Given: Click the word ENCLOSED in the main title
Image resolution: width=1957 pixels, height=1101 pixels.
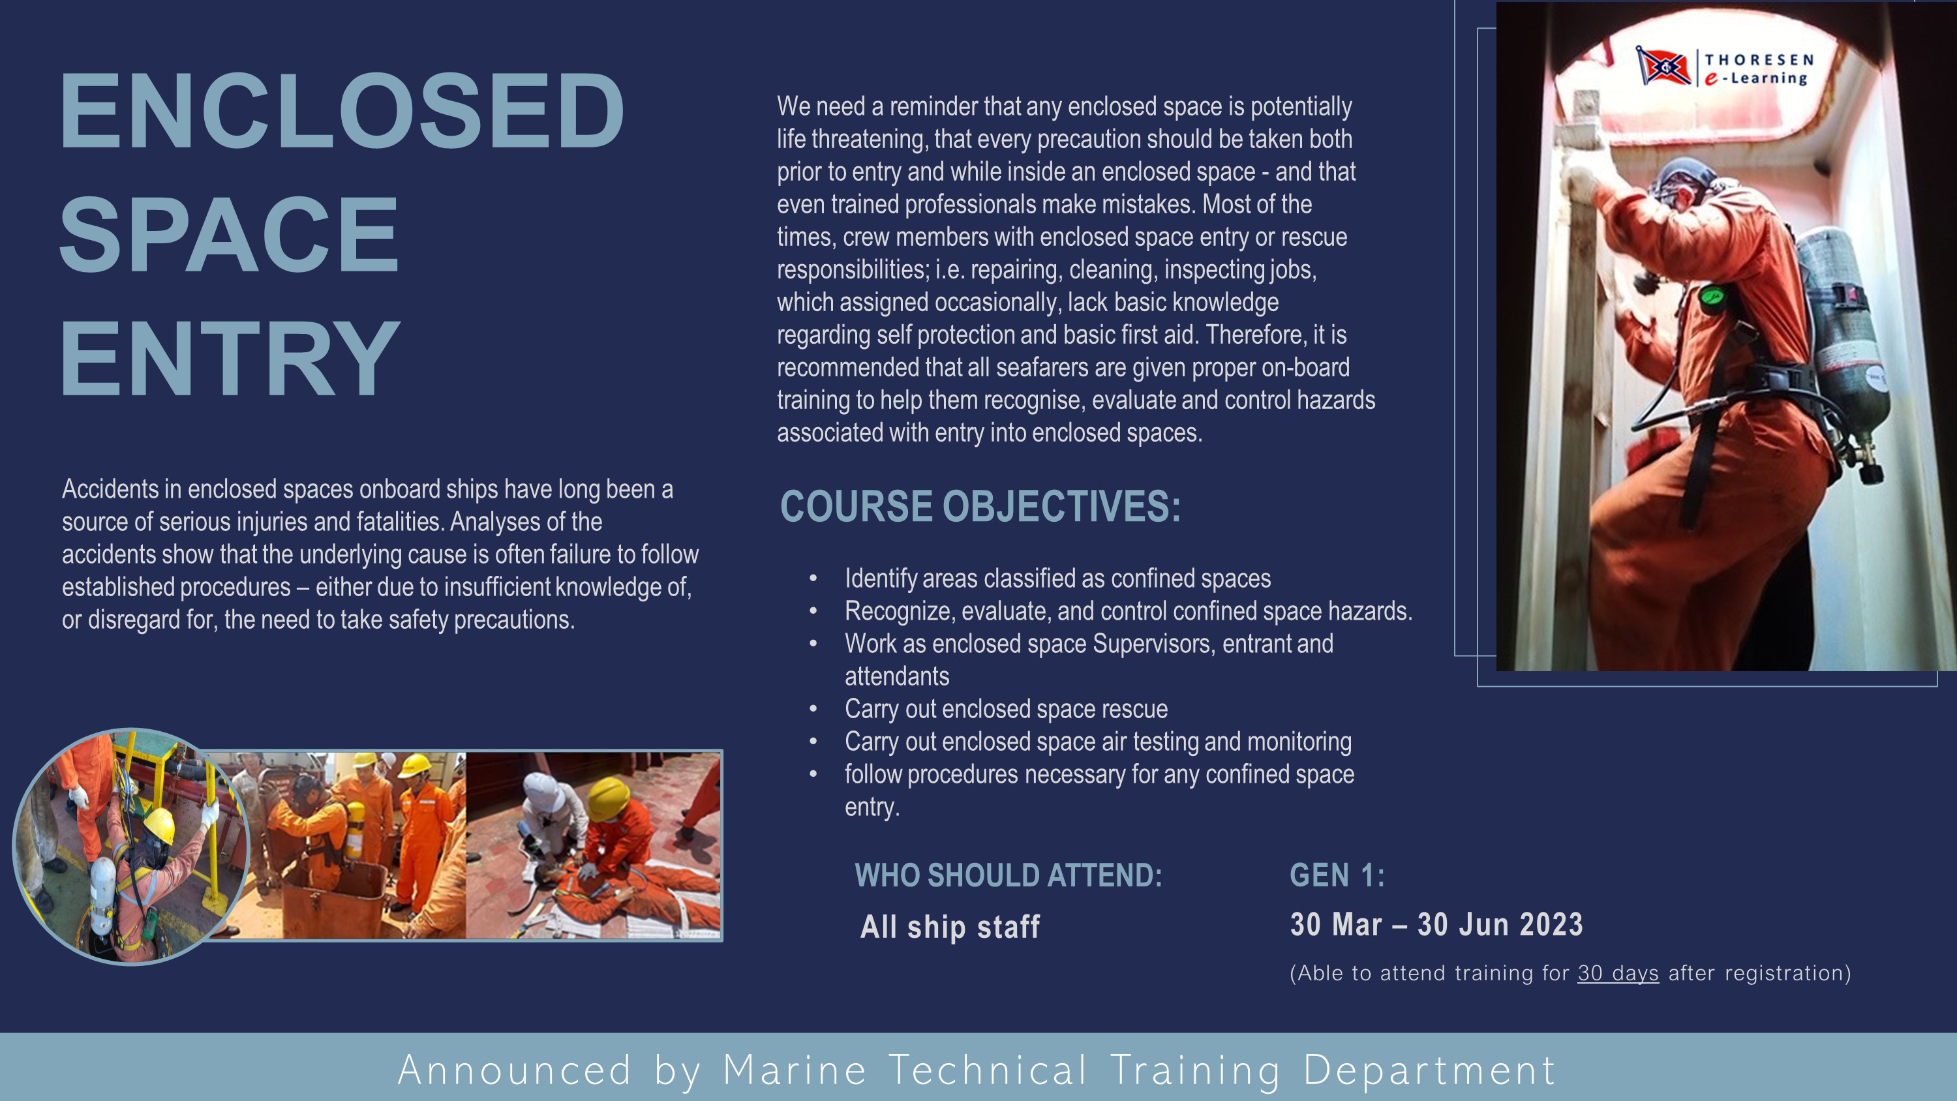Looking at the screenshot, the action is coord(342,111).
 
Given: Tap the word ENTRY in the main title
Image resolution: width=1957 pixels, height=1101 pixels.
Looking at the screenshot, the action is coord(230,358).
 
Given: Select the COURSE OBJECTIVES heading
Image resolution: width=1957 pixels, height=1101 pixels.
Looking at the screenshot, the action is coord(980,506).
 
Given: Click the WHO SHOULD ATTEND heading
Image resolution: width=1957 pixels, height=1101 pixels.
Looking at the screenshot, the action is coord(1008,875).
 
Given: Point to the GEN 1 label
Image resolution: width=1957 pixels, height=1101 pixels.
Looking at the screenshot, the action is coord(1337,875).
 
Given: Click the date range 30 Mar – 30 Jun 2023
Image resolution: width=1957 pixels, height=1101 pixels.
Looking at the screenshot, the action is coord(1436,925).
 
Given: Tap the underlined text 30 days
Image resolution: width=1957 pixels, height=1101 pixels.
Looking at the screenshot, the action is coord(1618,973).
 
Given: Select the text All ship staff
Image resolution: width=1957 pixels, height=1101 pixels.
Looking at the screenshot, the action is coord(950,927).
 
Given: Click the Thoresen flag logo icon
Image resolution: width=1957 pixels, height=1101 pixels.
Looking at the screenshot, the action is coord(1662,66).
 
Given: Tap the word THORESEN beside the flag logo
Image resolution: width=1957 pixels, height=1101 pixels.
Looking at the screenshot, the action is coord(1759,59).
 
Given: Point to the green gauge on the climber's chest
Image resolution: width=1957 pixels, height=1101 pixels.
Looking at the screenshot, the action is coord(1710,295).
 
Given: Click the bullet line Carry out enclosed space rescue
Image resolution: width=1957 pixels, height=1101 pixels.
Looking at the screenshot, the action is coord(1006,709).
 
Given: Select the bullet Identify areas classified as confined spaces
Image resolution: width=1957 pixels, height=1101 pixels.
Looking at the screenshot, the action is coord(1057,579).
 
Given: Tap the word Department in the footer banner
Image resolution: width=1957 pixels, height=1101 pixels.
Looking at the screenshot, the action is coord(1429,1072).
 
